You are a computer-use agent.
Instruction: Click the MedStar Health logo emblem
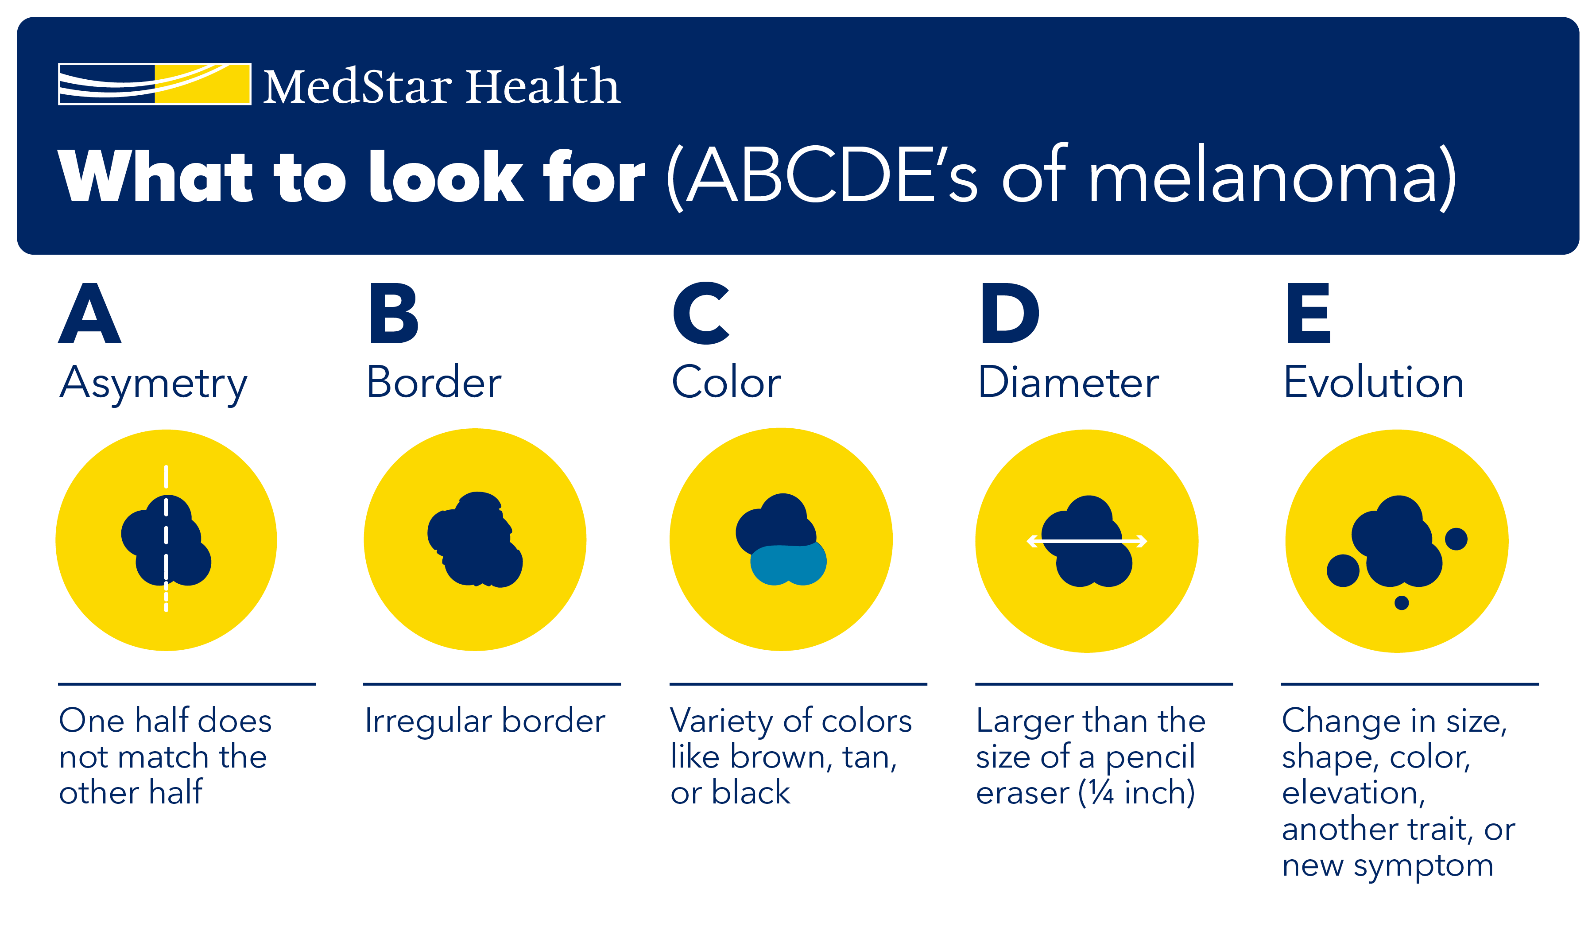(x=155, y=84)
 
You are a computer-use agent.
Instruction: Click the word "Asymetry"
(x=153, y=384)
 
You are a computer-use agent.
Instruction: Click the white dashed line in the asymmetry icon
(x=166, y=538)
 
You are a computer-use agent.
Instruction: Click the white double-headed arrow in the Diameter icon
(x=1087, y=541)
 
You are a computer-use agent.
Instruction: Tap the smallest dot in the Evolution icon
(x=1402, y=603)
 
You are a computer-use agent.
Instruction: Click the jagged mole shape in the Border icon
(x=475, y=539)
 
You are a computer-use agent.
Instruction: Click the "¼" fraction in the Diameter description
(x=1101, y=793)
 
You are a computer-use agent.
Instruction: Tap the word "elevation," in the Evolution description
(x=1353, y=793)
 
